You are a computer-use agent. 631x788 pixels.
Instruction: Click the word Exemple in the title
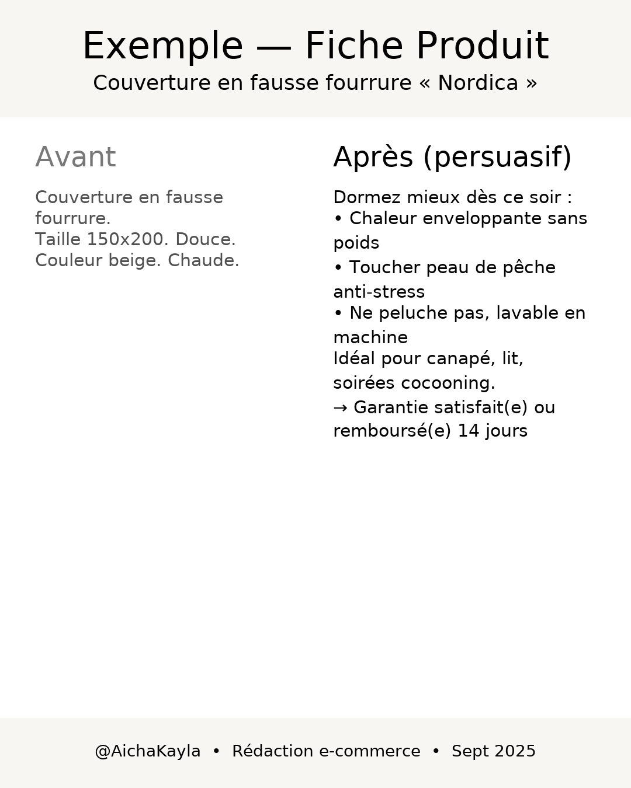tap(162, 47)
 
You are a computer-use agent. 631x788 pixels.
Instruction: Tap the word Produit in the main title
tap(482, 47)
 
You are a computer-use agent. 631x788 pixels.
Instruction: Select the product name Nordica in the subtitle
tap(477, 83)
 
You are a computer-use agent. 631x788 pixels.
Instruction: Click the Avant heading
tap(75, 158)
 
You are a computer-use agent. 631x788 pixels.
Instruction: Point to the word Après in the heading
tap(373, 158)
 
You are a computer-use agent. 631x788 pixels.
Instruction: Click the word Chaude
tap(203, 261)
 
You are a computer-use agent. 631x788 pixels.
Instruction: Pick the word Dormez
tap(366, 198)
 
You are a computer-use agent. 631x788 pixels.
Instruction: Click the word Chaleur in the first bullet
tap(383, 219)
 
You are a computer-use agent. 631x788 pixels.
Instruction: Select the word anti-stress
tap(379, 292)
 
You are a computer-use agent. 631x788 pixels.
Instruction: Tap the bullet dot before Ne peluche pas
tap(338, 313)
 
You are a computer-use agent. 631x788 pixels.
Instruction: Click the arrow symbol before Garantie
tap(340, 408)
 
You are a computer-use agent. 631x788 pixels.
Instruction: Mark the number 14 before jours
tap(468, 431)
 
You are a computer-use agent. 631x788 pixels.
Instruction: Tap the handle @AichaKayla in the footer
tap(147, 752)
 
